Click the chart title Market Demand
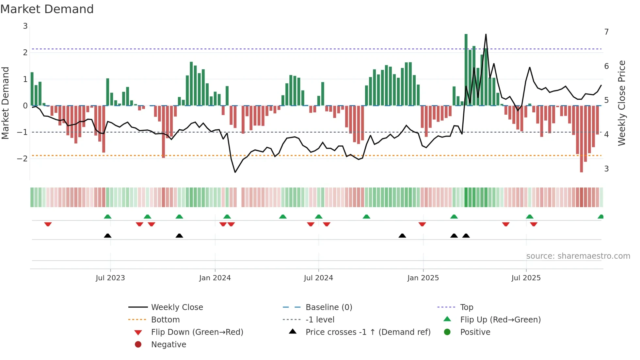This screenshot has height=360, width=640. coord(47,9)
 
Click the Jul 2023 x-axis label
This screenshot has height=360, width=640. coord(110,278)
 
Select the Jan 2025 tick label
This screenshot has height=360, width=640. coord(423,278)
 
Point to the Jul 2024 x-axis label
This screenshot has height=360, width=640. coord(318,278)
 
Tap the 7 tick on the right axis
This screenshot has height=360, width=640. coord(606,32)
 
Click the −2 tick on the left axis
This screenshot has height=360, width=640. coord(22,159)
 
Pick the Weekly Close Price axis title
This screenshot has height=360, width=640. coord(622,103)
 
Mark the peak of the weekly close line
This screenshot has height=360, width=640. coord(486,34)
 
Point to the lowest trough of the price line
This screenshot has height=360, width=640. coord(235,172)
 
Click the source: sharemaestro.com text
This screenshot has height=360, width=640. coord(578,256)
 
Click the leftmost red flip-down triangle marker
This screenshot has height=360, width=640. coord(48,224)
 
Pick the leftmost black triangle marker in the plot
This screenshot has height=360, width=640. coord(107,236)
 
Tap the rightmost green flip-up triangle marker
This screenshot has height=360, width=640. coord(600,217)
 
